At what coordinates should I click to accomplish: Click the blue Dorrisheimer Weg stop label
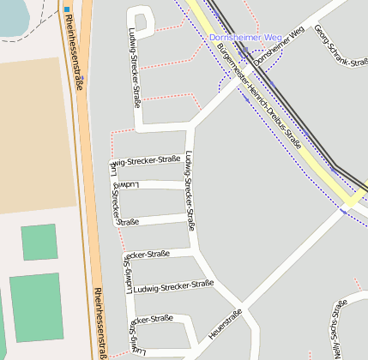click(244, 39)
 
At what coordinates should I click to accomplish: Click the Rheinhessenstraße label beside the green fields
click(100, 321)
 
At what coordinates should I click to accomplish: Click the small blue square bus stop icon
click(67, 9)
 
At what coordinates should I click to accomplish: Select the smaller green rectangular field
click(39, 242)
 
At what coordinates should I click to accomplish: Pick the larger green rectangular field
click(36, 308)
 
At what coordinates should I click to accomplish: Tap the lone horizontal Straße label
click(128, 222)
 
